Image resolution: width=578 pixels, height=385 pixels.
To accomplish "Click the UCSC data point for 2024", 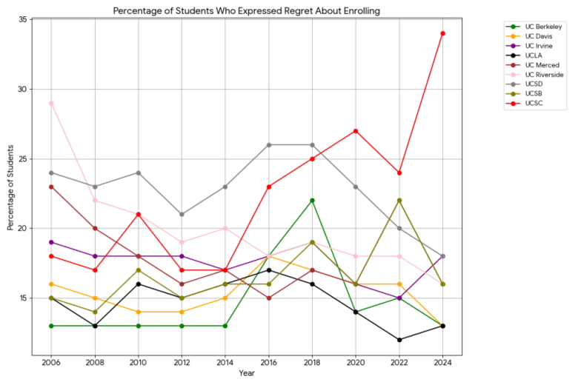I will pyautogui.click(x=442, y=33).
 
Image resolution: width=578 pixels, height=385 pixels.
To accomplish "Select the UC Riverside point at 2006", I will pyautogui.click(x=51, y=103).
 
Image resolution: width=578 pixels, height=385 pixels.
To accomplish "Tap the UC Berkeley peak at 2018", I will pyautogui.click(x=312, y=201).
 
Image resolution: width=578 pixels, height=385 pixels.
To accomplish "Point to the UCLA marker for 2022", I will pyautogui.click(x=399, y=340).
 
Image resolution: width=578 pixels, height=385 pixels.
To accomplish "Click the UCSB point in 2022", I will pyautogui.click(x=399, y=201).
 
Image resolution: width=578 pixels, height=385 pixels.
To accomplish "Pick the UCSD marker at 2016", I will pyautogui.click(x=268, y=145).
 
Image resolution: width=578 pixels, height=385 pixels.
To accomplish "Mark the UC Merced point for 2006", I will pyautogui.click(x=51, y=187).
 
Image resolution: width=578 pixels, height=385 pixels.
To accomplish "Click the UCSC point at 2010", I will pyautogui.click(x=138, y=215).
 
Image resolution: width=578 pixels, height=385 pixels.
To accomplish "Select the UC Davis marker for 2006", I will pyautogui.click(x=51, y=284).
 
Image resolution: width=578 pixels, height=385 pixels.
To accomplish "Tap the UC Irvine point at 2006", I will pyautogui.click(x=51, y=242).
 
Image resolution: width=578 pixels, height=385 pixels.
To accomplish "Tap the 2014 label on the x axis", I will pyautogui.click(x=225, y=364).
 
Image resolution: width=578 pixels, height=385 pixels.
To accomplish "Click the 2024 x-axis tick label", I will pyautogui.click(x=442, y=364).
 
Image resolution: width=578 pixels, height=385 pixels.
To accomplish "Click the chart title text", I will pyautogui.click(x=247, y=10).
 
